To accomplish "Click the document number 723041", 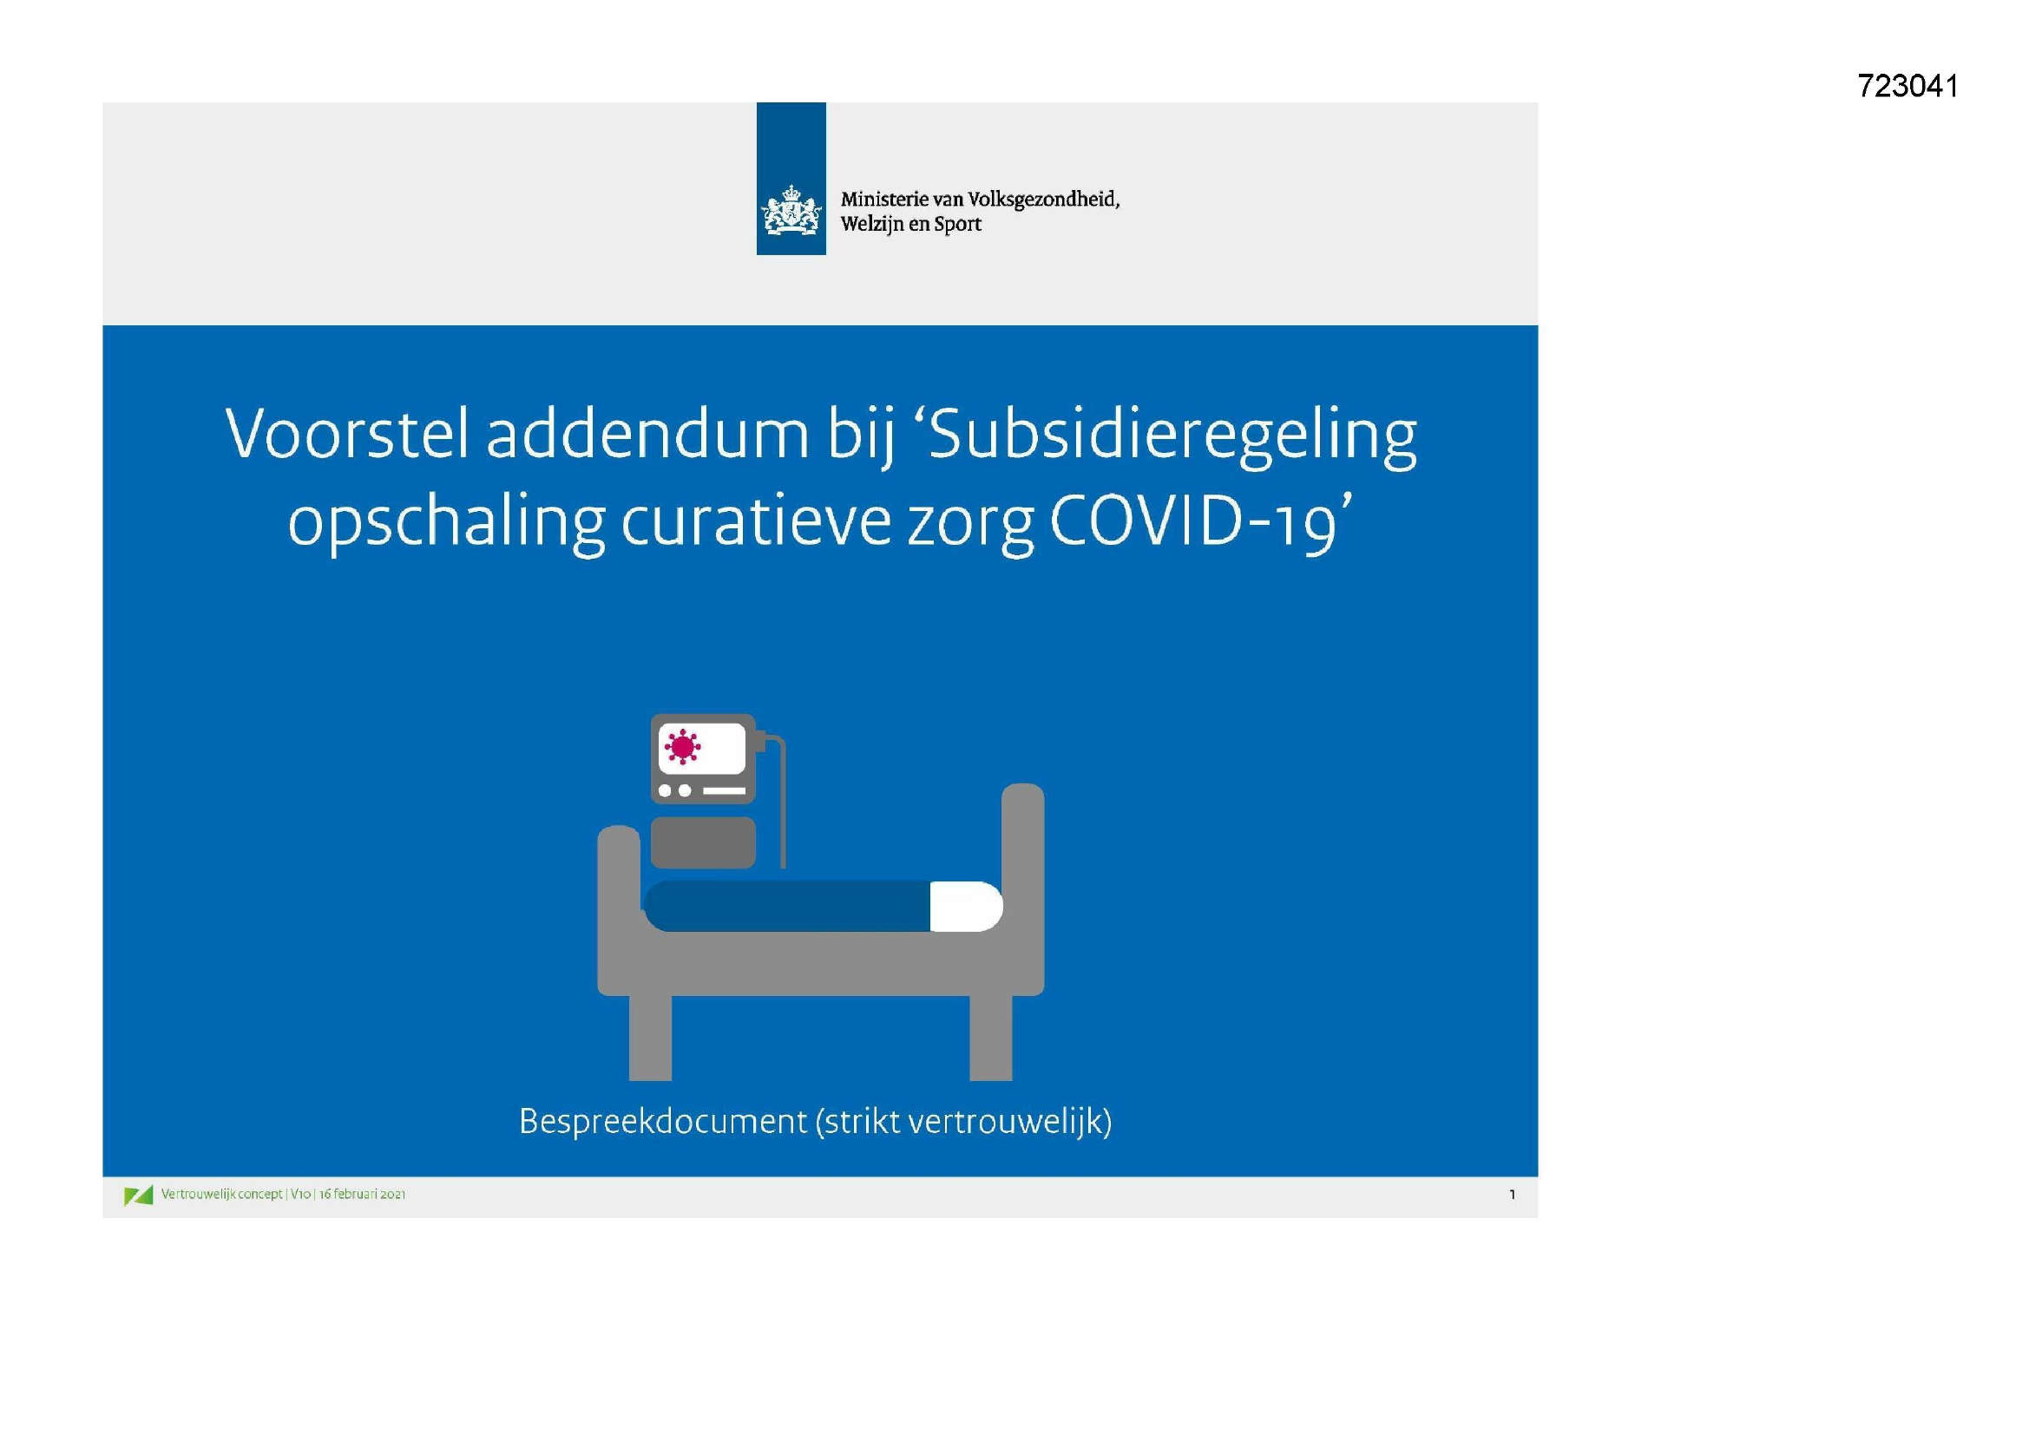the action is [1908, 87].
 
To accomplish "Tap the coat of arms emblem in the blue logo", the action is [790, 209].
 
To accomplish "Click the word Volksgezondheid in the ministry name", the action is [1043, 200].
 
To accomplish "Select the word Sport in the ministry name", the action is [957, 225].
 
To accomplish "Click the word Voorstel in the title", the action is [346, 434].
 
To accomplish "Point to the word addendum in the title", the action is [647, 434].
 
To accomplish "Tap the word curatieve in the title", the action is [756, 522].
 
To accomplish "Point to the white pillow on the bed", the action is [966, 907].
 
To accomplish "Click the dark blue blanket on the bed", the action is [787, 907].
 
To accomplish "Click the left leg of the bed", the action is [650, 1038].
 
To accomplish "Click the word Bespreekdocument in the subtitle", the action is [663, 1121].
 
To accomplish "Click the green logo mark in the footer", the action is [139, 1196].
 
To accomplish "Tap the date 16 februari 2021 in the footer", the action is [363, 1194].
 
